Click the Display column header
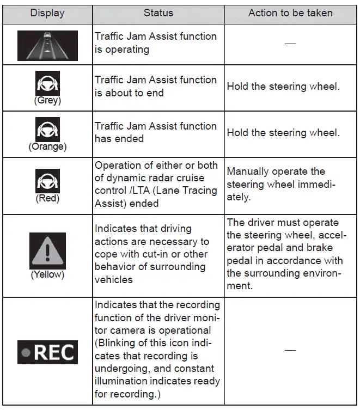point(47,13)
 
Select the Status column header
point(158,13)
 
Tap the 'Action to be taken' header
point(290,13)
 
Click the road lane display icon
point(47,45)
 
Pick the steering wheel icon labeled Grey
point(47,84)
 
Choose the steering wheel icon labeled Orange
point(47,131)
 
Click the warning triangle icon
point(47,250)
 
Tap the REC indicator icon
point(47,352)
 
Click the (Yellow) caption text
point(47,274)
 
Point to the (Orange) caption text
point(47,146)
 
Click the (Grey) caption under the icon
point(47,100)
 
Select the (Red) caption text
point(47,198)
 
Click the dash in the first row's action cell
point(290,44)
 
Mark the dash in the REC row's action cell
point(290,350)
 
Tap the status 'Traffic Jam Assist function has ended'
point(156,132)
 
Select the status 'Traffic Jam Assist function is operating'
point(156,43)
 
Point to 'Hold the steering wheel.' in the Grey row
point(283,86)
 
